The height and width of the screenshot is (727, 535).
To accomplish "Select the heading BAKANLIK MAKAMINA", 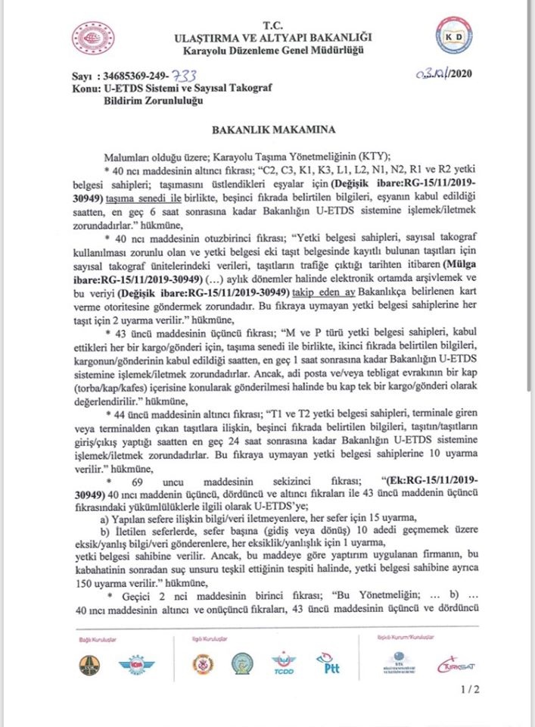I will click(268, 130).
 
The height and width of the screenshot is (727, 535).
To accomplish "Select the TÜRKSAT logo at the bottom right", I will click(454, 666).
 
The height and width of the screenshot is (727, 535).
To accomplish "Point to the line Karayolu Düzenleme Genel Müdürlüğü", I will click(269, 51).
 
